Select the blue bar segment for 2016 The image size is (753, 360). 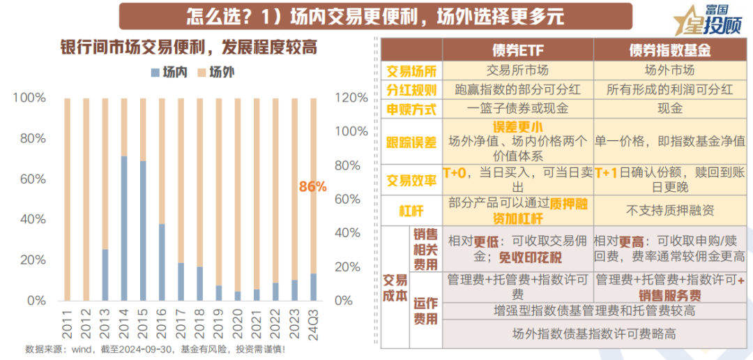click(162, 262)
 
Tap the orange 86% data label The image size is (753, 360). click(312, 186)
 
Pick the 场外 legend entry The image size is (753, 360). click(213, 71)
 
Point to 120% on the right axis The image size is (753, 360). click(351, 98)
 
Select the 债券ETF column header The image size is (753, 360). click(517, 51)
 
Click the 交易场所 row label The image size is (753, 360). click(411, 70)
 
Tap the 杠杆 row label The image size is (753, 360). click(411, 210)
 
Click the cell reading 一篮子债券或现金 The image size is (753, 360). click(517, 110)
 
